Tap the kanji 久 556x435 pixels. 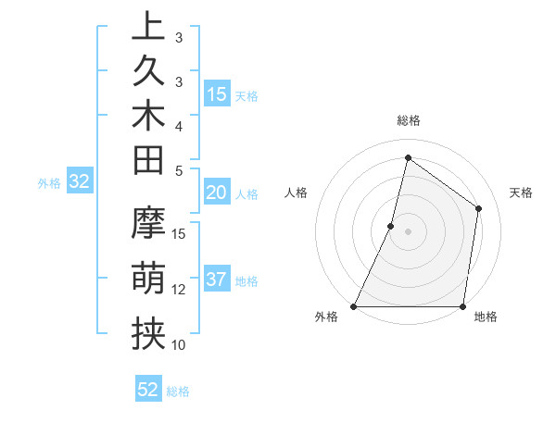pos(148,73)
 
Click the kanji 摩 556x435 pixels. pos(148,223)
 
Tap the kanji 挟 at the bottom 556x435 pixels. pos(148,333)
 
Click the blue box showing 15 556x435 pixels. pos(217,93)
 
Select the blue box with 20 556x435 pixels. pos(217,193)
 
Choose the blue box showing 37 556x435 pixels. pos(217,280)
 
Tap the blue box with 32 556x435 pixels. pos(80,182)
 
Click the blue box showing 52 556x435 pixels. pos(148,390)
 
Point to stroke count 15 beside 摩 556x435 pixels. pos(180,233)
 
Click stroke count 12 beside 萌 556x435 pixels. pos(180,289)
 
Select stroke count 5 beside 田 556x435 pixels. pos(180,170)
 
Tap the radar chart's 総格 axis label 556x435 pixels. pos(408,120)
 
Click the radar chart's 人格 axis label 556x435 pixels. pos(296,193)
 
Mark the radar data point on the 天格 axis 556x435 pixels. pos(479,208)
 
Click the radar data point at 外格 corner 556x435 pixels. pos(354,306)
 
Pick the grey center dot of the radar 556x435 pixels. pos(408,231)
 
